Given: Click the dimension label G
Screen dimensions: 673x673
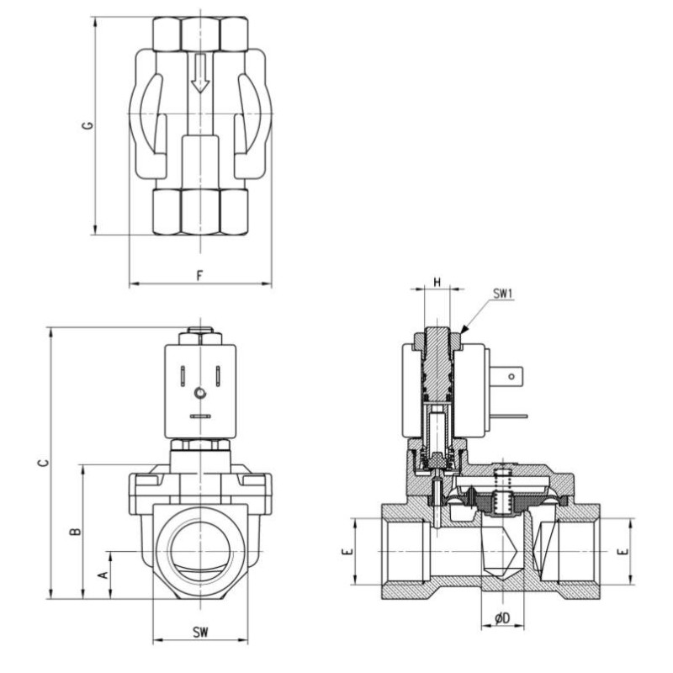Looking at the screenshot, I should (x=86, y=125).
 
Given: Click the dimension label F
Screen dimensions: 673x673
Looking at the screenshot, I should (x=199, y=274).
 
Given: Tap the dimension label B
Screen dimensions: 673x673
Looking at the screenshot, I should (x=74, y=531).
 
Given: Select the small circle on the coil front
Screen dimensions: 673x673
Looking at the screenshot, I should (x=199, y=393).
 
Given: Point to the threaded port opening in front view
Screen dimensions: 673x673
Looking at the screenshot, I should (x=199, y=551).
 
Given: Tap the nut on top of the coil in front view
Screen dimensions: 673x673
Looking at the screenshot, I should (x=199, y=335).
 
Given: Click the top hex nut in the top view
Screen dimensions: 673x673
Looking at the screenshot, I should (x=199, y=33).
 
